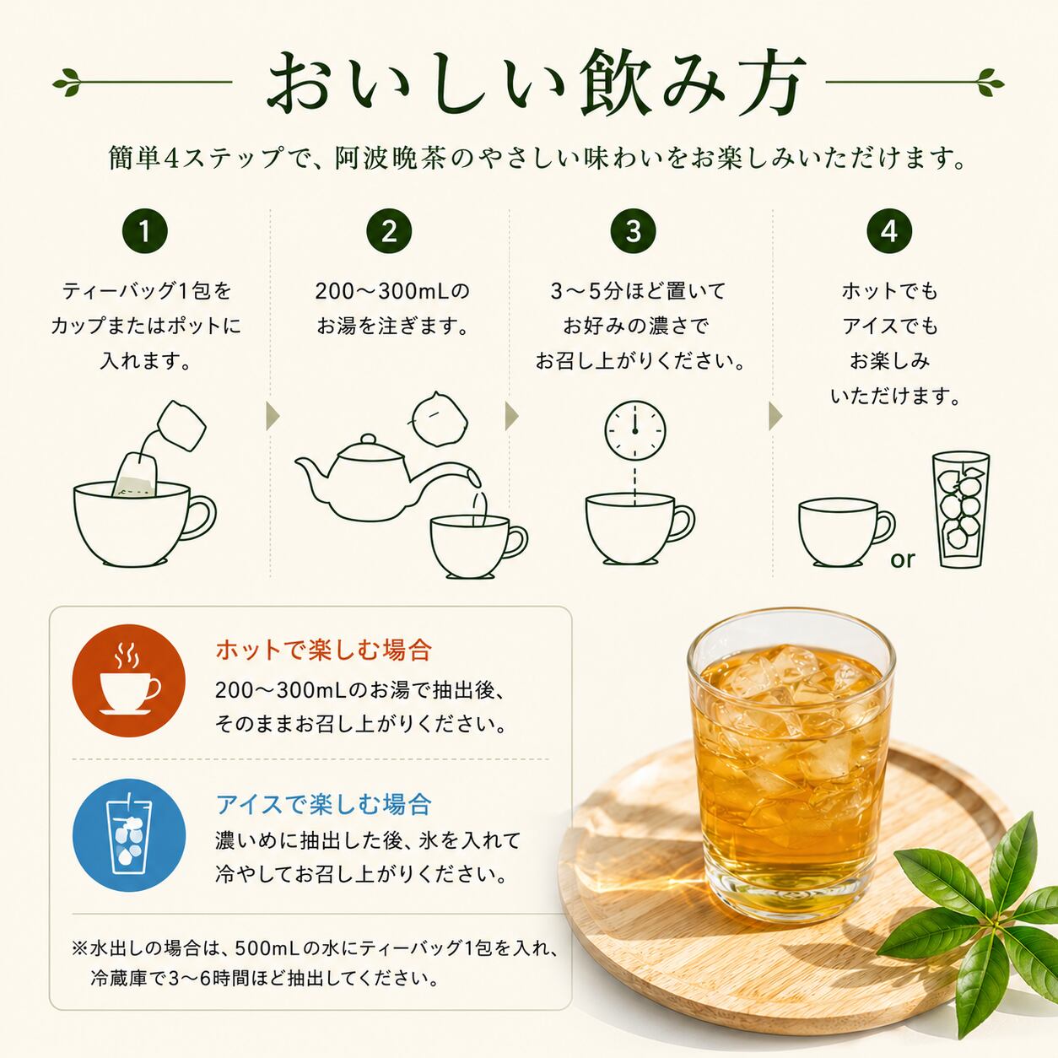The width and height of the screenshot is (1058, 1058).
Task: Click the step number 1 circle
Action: tap(145, 231)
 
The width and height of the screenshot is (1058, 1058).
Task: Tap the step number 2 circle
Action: tap(389, 231)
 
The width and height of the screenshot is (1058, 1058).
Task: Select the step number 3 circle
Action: tap(634, 231)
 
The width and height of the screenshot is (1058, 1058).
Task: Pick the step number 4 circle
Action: tap(889, 231)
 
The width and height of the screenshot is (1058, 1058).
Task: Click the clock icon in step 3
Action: tap(635, 430)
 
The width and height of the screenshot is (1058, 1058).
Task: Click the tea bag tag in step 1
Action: tap(181, 426)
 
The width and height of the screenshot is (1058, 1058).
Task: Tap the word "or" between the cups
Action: tap(903, 559)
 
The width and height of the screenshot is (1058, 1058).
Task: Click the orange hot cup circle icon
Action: tap(129, 680)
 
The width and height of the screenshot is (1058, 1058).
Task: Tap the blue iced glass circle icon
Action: tap(129, 835)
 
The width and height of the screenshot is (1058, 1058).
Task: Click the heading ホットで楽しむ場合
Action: tap(324, 650)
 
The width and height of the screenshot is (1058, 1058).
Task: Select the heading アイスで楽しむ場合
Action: tap(324, 804)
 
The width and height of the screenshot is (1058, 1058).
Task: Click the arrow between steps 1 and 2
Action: tap(273, 416)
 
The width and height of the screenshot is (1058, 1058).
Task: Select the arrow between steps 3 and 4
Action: tap(775, 416)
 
